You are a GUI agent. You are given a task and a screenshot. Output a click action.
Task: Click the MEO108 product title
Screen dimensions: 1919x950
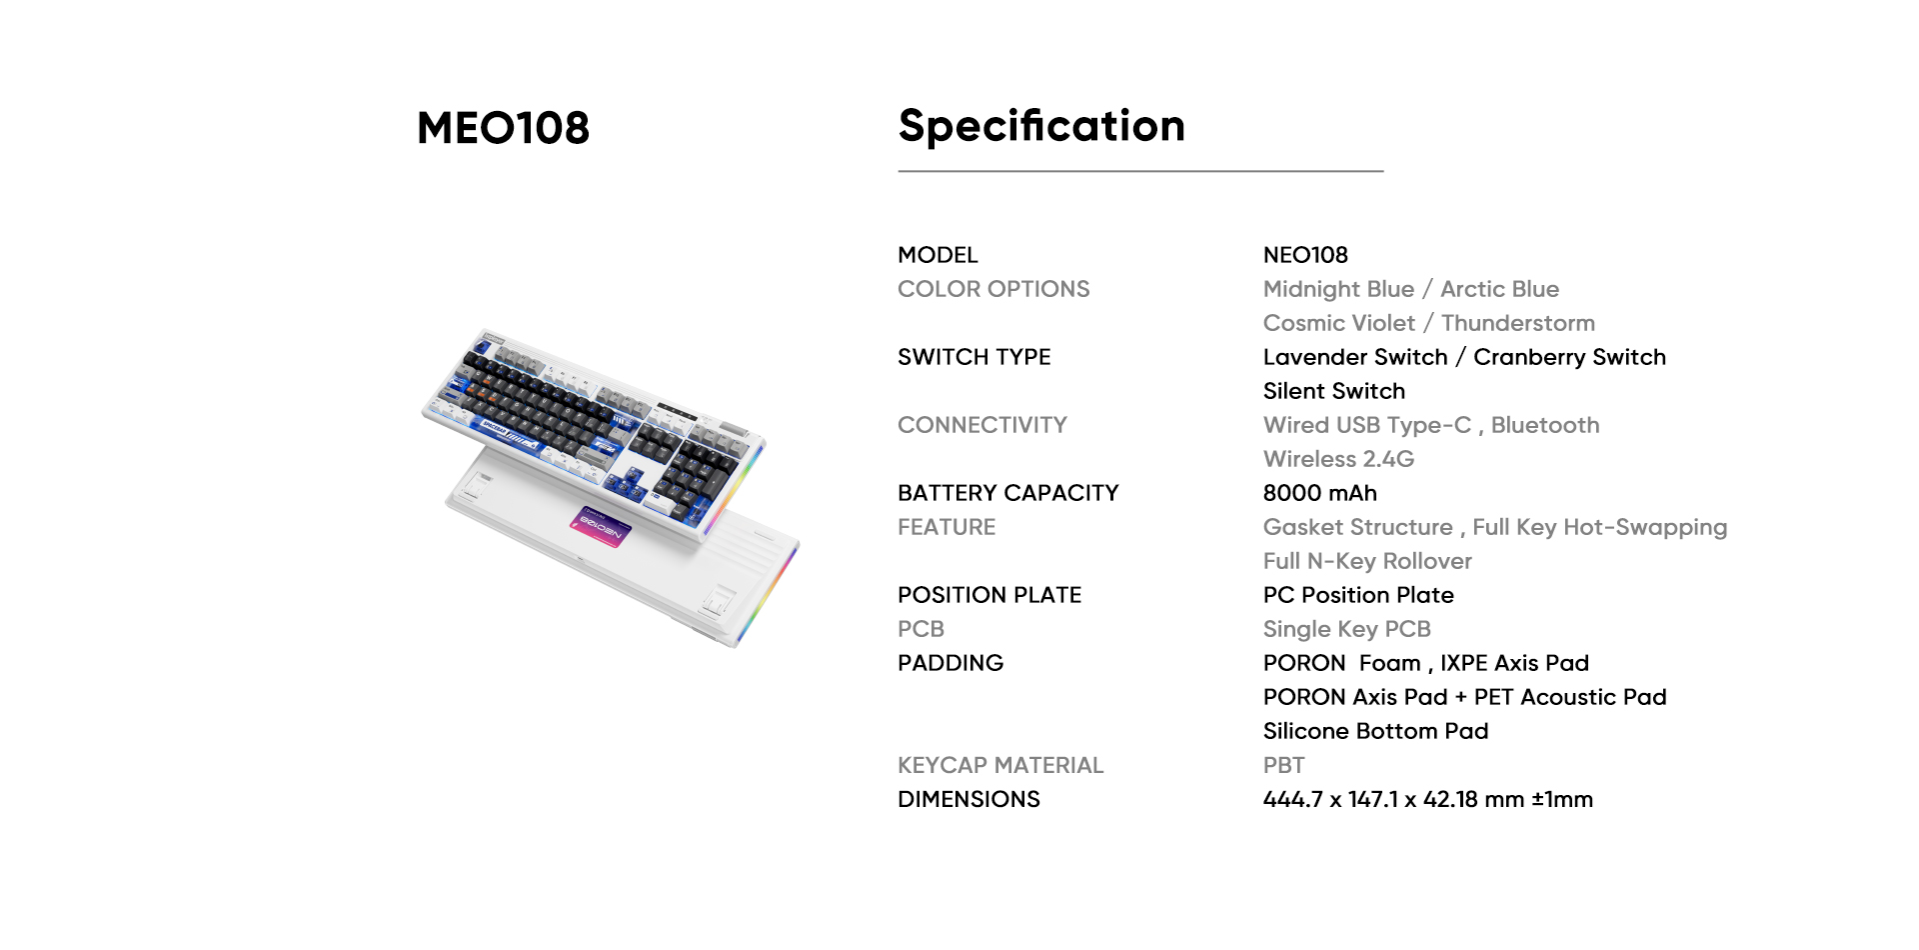pyautogui.click(x=503, y=128)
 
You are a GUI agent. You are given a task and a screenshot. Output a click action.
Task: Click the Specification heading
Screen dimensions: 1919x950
pyautogui.click(x=1041, y=127)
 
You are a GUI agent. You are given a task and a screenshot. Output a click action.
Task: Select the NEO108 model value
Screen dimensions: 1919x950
pyautogui.click(x=1305, y=255)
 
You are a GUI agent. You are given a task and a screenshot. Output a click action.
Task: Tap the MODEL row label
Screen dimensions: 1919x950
pyautogui.click(x=938, y=255)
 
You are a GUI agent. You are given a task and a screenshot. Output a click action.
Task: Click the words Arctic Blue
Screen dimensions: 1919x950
pyautogui.click(x=1499, y=289)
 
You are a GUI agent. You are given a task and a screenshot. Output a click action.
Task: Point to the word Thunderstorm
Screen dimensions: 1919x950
pyautogui.click(x=1518, y=323)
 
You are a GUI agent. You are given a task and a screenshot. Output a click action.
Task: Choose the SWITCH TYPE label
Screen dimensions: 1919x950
pyautogui.click(x=974, y=357)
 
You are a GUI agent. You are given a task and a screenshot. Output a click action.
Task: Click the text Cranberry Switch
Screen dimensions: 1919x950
pyautogui.click(x=1570, y=357)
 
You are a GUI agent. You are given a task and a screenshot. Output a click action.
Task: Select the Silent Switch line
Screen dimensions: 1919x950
pyautogui.click(x=1334, y=391)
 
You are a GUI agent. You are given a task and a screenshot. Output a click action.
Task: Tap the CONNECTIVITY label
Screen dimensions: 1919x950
pyautogui.click(x=982, y=425)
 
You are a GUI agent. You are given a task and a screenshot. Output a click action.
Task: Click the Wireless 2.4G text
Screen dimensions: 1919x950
pyautogui.click(x=1339, y=459)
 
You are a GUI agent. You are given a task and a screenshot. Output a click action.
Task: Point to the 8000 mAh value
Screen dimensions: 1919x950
pyautogui.click(x=1320, y=493)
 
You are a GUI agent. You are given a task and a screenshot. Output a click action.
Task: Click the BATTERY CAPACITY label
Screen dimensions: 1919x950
pyautogui.click(x=1008, y=493)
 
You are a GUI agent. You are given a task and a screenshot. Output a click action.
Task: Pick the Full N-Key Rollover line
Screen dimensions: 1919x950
pyautogui.click(x=1367, y=561)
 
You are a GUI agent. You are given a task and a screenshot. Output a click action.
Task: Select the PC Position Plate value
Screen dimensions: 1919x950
pyautogui.click(x=1358, y=595)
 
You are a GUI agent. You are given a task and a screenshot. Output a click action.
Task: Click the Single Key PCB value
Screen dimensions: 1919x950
pyautogui.click(x=1347, y=629)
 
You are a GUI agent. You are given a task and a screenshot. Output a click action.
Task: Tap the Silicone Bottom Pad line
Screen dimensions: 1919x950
pyautogui.click(x=1376, y=731)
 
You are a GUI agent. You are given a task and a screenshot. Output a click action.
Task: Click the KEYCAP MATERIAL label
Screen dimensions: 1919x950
pyautogui.click(x=1000, y=765)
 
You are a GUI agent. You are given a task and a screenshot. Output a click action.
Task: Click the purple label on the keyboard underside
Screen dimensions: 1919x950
pyautogui.click(x=602, y=526)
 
